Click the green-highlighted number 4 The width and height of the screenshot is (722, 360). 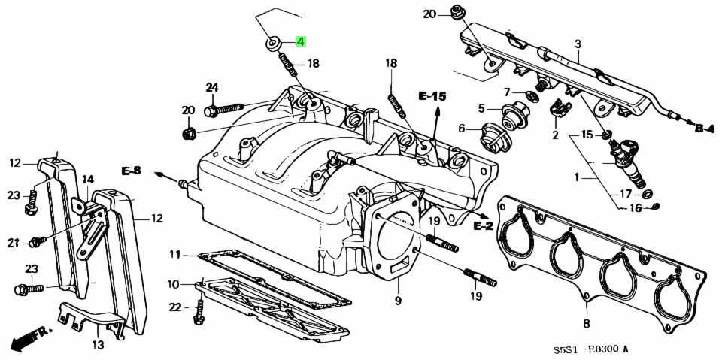click(300, 42)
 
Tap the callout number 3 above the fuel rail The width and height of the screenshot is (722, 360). click(578, 44)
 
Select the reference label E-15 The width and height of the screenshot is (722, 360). click(432, 95)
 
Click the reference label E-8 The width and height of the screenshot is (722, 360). click(131, 171)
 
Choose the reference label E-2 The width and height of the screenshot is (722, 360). click(483, 225)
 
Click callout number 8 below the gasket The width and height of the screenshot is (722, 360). click(586, 324)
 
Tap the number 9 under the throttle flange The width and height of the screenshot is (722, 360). click(398, 301)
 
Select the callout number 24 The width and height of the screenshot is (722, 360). click(212, 88)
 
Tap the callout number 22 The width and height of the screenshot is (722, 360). click(174, 307)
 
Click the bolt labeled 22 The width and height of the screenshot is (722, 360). click(199, 311)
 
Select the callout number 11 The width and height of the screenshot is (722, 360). click(174, 254)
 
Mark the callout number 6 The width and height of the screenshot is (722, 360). click(461, 129)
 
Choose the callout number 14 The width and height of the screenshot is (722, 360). click(88, 179)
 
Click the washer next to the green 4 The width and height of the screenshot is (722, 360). click(273, 43)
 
